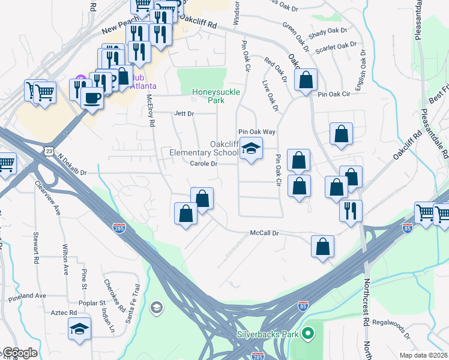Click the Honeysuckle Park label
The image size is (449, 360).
click(x=215, y=96)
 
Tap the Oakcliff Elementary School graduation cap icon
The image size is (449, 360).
click(x=251, y=148)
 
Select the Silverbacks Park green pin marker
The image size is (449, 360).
click(x=308, y=332)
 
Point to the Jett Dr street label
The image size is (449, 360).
click(x=184, y=113)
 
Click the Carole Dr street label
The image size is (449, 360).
click(x=203, y=164)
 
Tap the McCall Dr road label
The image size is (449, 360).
click(x=265, y=233)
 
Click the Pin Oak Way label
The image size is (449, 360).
click(x=256, y=131)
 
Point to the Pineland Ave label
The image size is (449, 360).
click(x=27, y=296)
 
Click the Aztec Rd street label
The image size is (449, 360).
click(x=64, y=313)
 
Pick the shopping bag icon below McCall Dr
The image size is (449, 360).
click(x=323, y=246)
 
